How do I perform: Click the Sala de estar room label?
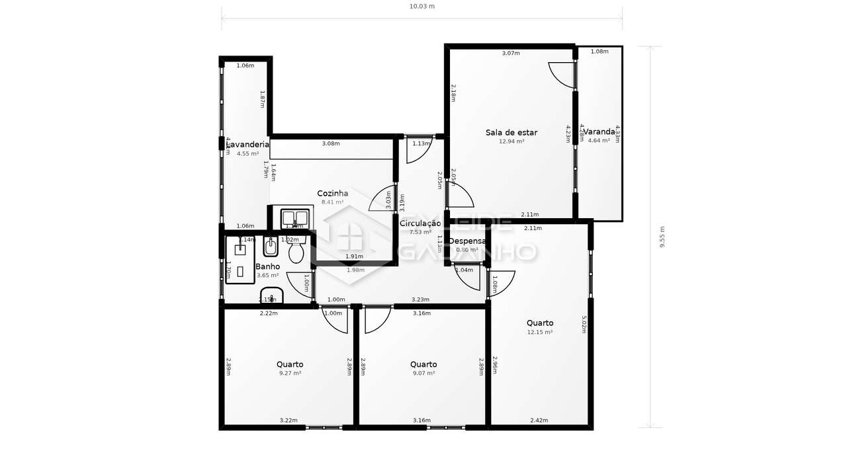click(511, 132)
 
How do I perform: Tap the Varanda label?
click(599, 132)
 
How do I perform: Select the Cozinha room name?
click(332, 193)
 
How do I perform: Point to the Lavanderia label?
click(247, 144)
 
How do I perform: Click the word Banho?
click(267, 266)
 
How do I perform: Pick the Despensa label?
click(467, 241)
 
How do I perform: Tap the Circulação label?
click(420, 223)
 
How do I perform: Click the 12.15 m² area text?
click(540, 333)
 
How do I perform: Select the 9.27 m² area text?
click(290, 374)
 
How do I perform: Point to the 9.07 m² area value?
click(423, 374)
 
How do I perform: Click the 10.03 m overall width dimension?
click(422, 7)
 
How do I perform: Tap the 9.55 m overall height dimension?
click(662, 237)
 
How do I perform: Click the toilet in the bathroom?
click(296, 251)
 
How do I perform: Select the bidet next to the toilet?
click(271, 247)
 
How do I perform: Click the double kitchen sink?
click(294, 218)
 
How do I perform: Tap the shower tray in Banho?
click(240, 260)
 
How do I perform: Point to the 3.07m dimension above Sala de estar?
click(511, 53)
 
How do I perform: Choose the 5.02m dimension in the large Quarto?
click(584, 324)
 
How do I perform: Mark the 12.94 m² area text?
click(511, 141)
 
